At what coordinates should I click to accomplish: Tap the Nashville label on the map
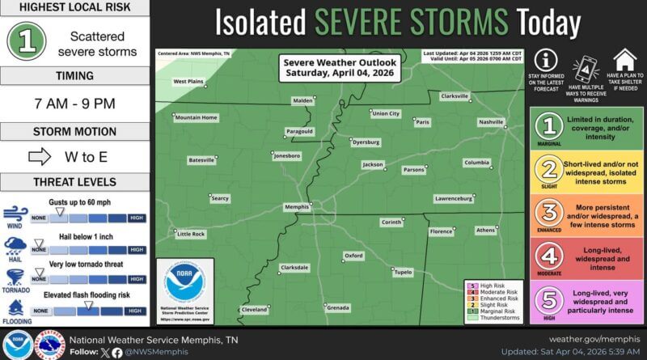coord(491,122)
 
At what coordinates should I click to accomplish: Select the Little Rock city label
coord(191,234)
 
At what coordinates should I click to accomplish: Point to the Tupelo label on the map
coord(403,273)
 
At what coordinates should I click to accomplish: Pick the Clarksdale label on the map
coord(294,267)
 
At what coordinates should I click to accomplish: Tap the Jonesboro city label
coord(287,155)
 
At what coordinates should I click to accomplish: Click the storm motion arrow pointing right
coord(40,156)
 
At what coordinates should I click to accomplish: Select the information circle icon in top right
coord(548,60)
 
